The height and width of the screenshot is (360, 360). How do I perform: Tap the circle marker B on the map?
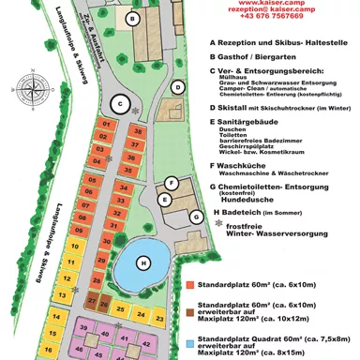pyautogui.click(x=134, y=18)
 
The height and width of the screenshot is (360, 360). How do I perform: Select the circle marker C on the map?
pyautogui.click(x=119, y=103)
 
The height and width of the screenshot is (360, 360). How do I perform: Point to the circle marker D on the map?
pyautogui.click(x=179, y=87)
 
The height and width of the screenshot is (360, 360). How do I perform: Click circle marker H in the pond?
pyautogui.click(x=143, y=262)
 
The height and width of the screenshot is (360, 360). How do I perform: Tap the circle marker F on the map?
pyautogui.click(x=172, y=182)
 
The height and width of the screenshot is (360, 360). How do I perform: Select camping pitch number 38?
pyautogui.click(x=138, y=131)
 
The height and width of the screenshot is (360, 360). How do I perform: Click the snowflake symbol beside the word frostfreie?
pyautogui.click(x=218, y=225)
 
